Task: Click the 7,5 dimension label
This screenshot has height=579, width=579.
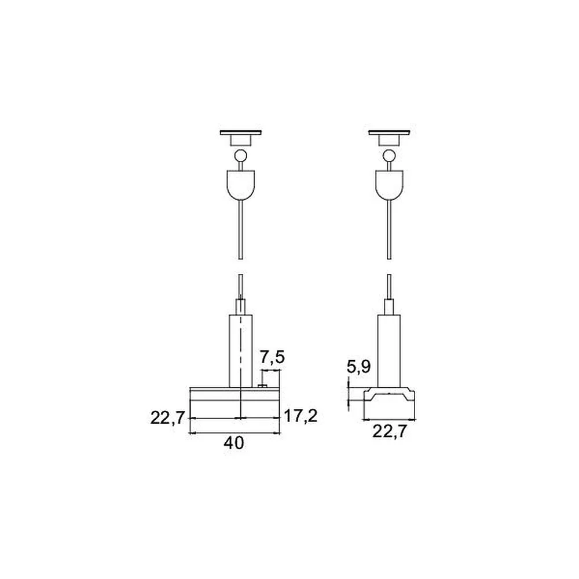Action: coord(272,357)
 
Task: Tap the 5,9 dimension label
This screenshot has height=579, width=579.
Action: coord(358,367)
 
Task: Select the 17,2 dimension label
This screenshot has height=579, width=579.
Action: coord(300,416)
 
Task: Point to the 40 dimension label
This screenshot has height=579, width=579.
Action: coord(234,443)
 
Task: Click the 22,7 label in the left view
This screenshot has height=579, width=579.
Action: coord(167,418)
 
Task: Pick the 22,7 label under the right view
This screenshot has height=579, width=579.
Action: coord(389,431)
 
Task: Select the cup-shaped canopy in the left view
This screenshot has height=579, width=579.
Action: coord(241,185)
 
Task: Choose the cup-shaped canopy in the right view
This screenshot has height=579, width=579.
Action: coord(389,185)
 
